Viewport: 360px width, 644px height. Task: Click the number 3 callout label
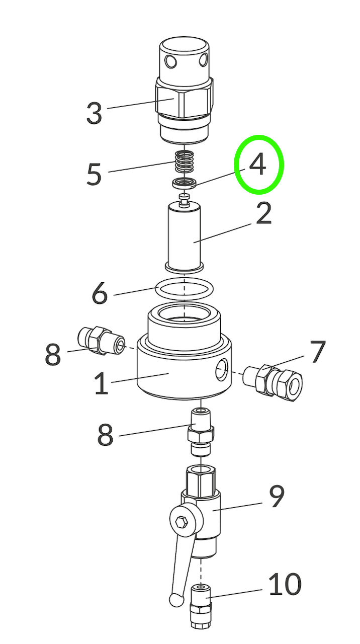pyautogui.click(x=94, y=113)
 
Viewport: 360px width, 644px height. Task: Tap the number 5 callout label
pyautogui.click(x=94, y=174)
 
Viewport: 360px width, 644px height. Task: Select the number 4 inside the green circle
pyautogui.click(x=258, y=165)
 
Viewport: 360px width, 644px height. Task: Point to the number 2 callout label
pyautogui.click(x=263, y=214)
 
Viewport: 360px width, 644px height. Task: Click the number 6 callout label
pyautogui.click(x=100, y=293)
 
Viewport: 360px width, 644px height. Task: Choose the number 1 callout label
pyautogui.click(x=101, y=384)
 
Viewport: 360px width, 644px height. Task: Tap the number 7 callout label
pyautogui.click(x=318, y=352)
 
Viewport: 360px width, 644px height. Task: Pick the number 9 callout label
pyautogui.click(x=277, y=497)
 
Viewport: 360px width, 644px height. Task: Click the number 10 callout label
pyautogui.click(x=285, y=584)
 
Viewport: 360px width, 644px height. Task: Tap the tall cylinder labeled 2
pyautogui.click(x=185, y=236)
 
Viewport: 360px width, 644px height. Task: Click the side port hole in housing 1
pyautogui.click(x=221, y=372)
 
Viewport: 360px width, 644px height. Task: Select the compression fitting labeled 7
pyautogui.click(x=274, y=381)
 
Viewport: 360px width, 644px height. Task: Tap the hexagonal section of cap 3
pyautogui.click(x=185, y=99)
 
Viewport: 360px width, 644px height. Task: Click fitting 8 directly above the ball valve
pyautogui.click(x=201, y=432)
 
